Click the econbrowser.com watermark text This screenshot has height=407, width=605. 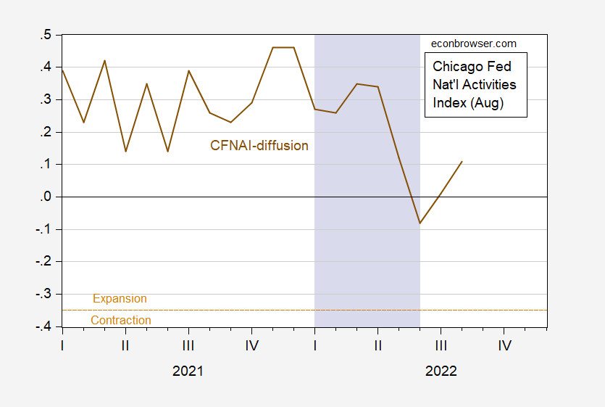tap(474, 44)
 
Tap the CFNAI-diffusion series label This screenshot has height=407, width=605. tap(259, 146)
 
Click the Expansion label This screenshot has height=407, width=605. tap(120, 299)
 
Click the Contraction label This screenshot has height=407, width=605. tap(121, 321)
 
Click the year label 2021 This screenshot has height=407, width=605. tap(188, 371)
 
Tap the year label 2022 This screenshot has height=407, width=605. tap(441, 371)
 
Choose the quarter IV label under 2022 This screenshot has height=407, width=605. tap(504, 346)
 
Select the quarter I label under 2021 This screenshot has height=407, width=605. tap(63, 346)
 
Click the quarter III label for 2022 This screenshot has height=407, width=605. tap(441, 346)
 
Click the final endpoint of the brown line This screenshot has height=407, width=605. tap(462, 161)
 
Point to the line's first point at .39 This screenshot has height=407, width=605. tap(63, 70)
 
